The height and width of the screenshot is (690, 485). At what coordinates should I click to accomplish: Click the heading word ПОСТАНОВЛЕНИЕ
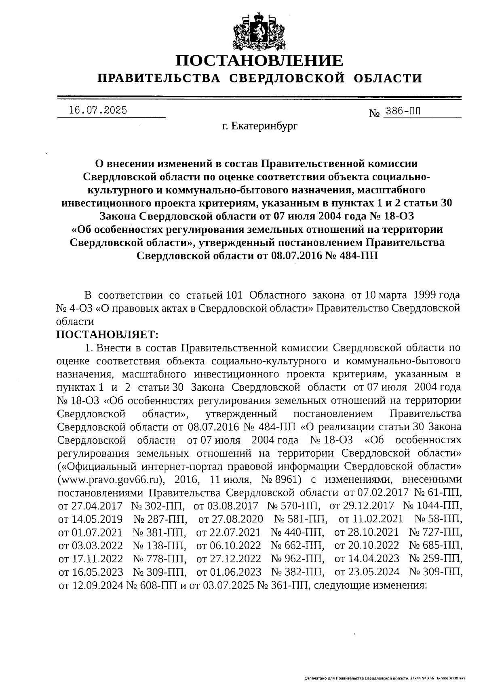(259, 61)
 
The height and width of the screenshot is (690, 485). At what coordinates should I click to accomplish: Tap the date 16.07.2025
(98, 110)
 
